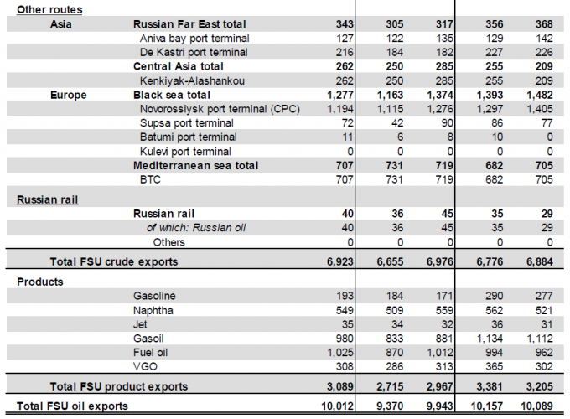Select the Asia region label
pyautogui.click(x=60, y=23)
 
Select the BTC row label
pyautogui.click(x=151, y=179)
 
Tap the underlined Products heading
pyautogui.click(x=40, y=282)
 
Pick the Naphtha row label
pyautogui.click(x=153, y=310)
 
